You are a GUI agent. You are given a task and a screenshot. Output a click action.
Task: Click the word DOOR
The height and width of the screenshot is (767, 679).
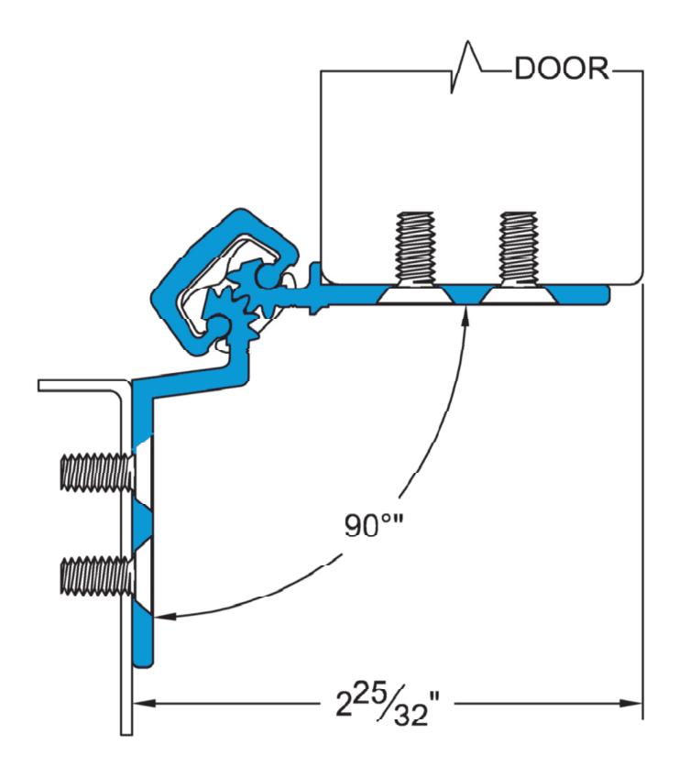pos(562,69)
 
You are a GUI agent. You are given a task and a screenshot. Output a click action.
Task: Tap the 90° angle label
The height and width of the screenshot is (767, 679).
pos(373,525)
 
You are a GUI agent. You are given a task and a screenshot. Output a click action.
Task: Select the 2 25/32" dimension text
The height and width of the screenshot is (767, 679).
pos(388,706)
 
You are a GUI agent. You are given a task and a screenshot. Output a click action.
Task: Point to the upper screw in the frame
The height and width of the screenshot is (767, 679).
pos(97,472)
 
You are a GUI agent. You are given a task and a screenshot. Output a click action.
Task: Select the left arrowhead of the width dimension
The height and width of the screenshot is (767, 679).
pos(144,704)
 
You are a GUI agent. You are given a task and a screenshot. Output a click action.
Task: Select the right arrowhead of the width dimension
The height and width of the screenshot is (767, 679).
pos(631,704)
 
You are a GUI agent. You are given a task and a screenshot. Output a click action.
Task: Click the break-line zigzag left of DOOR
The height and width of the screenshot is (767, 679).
pos(465,67)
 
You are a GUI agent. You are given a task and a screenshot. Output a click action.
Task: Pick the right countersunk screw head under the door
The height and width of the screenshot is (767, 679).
pos(519,295)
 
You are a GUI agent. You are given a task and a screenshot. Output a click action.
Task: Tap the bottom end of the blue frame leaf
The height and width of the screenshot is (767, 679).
pos(143,663)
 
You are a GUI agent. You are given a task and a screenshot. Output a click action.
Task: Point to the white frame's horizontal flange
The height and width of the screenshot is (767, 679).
pos(78,386)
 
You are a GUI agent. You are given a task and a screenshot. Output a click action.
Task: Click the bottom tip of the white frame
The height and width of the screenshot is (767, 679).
pos(126,733)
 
